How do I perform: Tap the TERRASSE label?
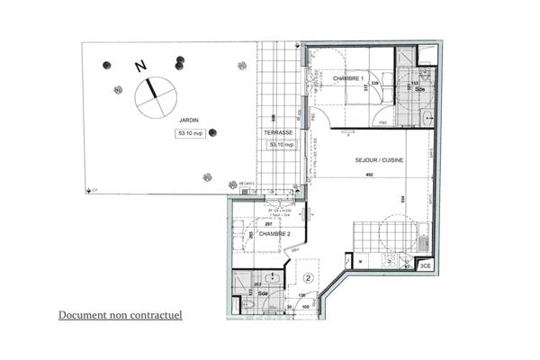click(276, 132)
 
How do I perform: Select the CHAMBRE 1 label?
click(348, 79)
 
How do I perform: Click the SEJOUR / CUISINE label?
click(379, 159)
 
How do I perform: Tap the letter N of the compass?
click(139, 66)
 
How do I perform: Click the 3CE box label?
click(425, 265)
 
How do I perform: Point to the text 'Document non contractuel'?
click(121, 316)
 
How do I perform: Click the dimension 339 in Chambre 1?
click(374, 84)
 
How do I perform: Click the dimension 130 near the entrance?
click(302, 296)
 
